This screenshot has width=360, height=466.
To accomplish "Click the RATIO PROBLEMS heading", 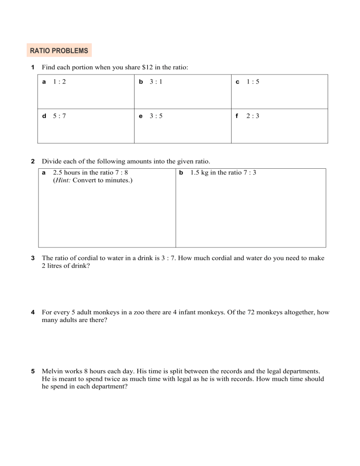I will pyautogui.click(x=59, y=50).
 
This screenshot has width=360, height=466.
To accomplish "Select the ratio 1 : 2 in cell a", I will pyautogui.click(x=59, y=82).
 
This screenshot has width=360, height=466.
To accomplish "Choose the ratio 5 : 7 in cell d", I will pyautogui.click(x=59, y=116).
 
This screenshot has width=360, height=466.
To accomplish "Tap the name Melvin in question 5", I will pyautogui.click(x=52, y=372).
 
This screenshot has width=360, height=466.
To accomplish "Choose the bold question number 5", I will pyautogui.click(x=33, y=372).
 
